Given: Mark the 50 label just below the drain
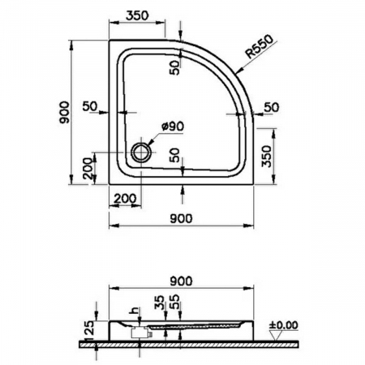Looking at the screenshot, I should pos(175,155).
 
